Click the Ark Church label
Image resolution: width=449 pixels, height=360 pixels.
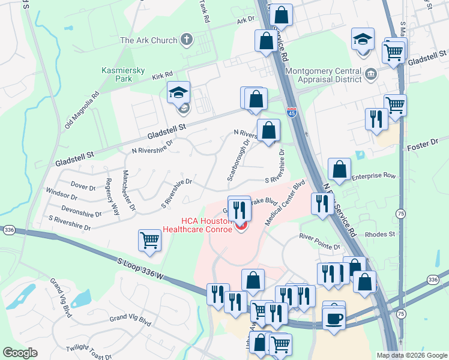pyautogui.click(x=148, y=40)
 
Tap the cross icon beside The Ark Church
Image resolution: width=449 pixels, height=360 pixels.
pyautogui.click(x=187, y=40)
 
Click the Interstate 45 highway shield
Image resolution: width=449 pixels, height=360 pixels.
pyautogui.click(x=291, y=113)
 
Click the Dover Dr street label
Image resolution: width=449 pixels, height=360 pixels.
pyautogui.click(x=83, y=187)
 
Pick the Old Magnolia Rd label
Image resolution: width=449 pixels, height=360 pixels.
pyautogui.click(x=81, y=111)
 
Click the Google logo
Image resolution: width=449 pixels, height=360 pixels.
pyautogui.click(x=20, y=353)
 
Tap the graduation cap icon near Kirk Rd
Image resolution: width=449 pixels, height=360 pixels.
pyautogui.click(x=178, y=93)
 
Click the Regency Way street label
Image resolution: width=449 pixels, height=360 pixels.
pyautogui.click(x=112, y=193)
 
